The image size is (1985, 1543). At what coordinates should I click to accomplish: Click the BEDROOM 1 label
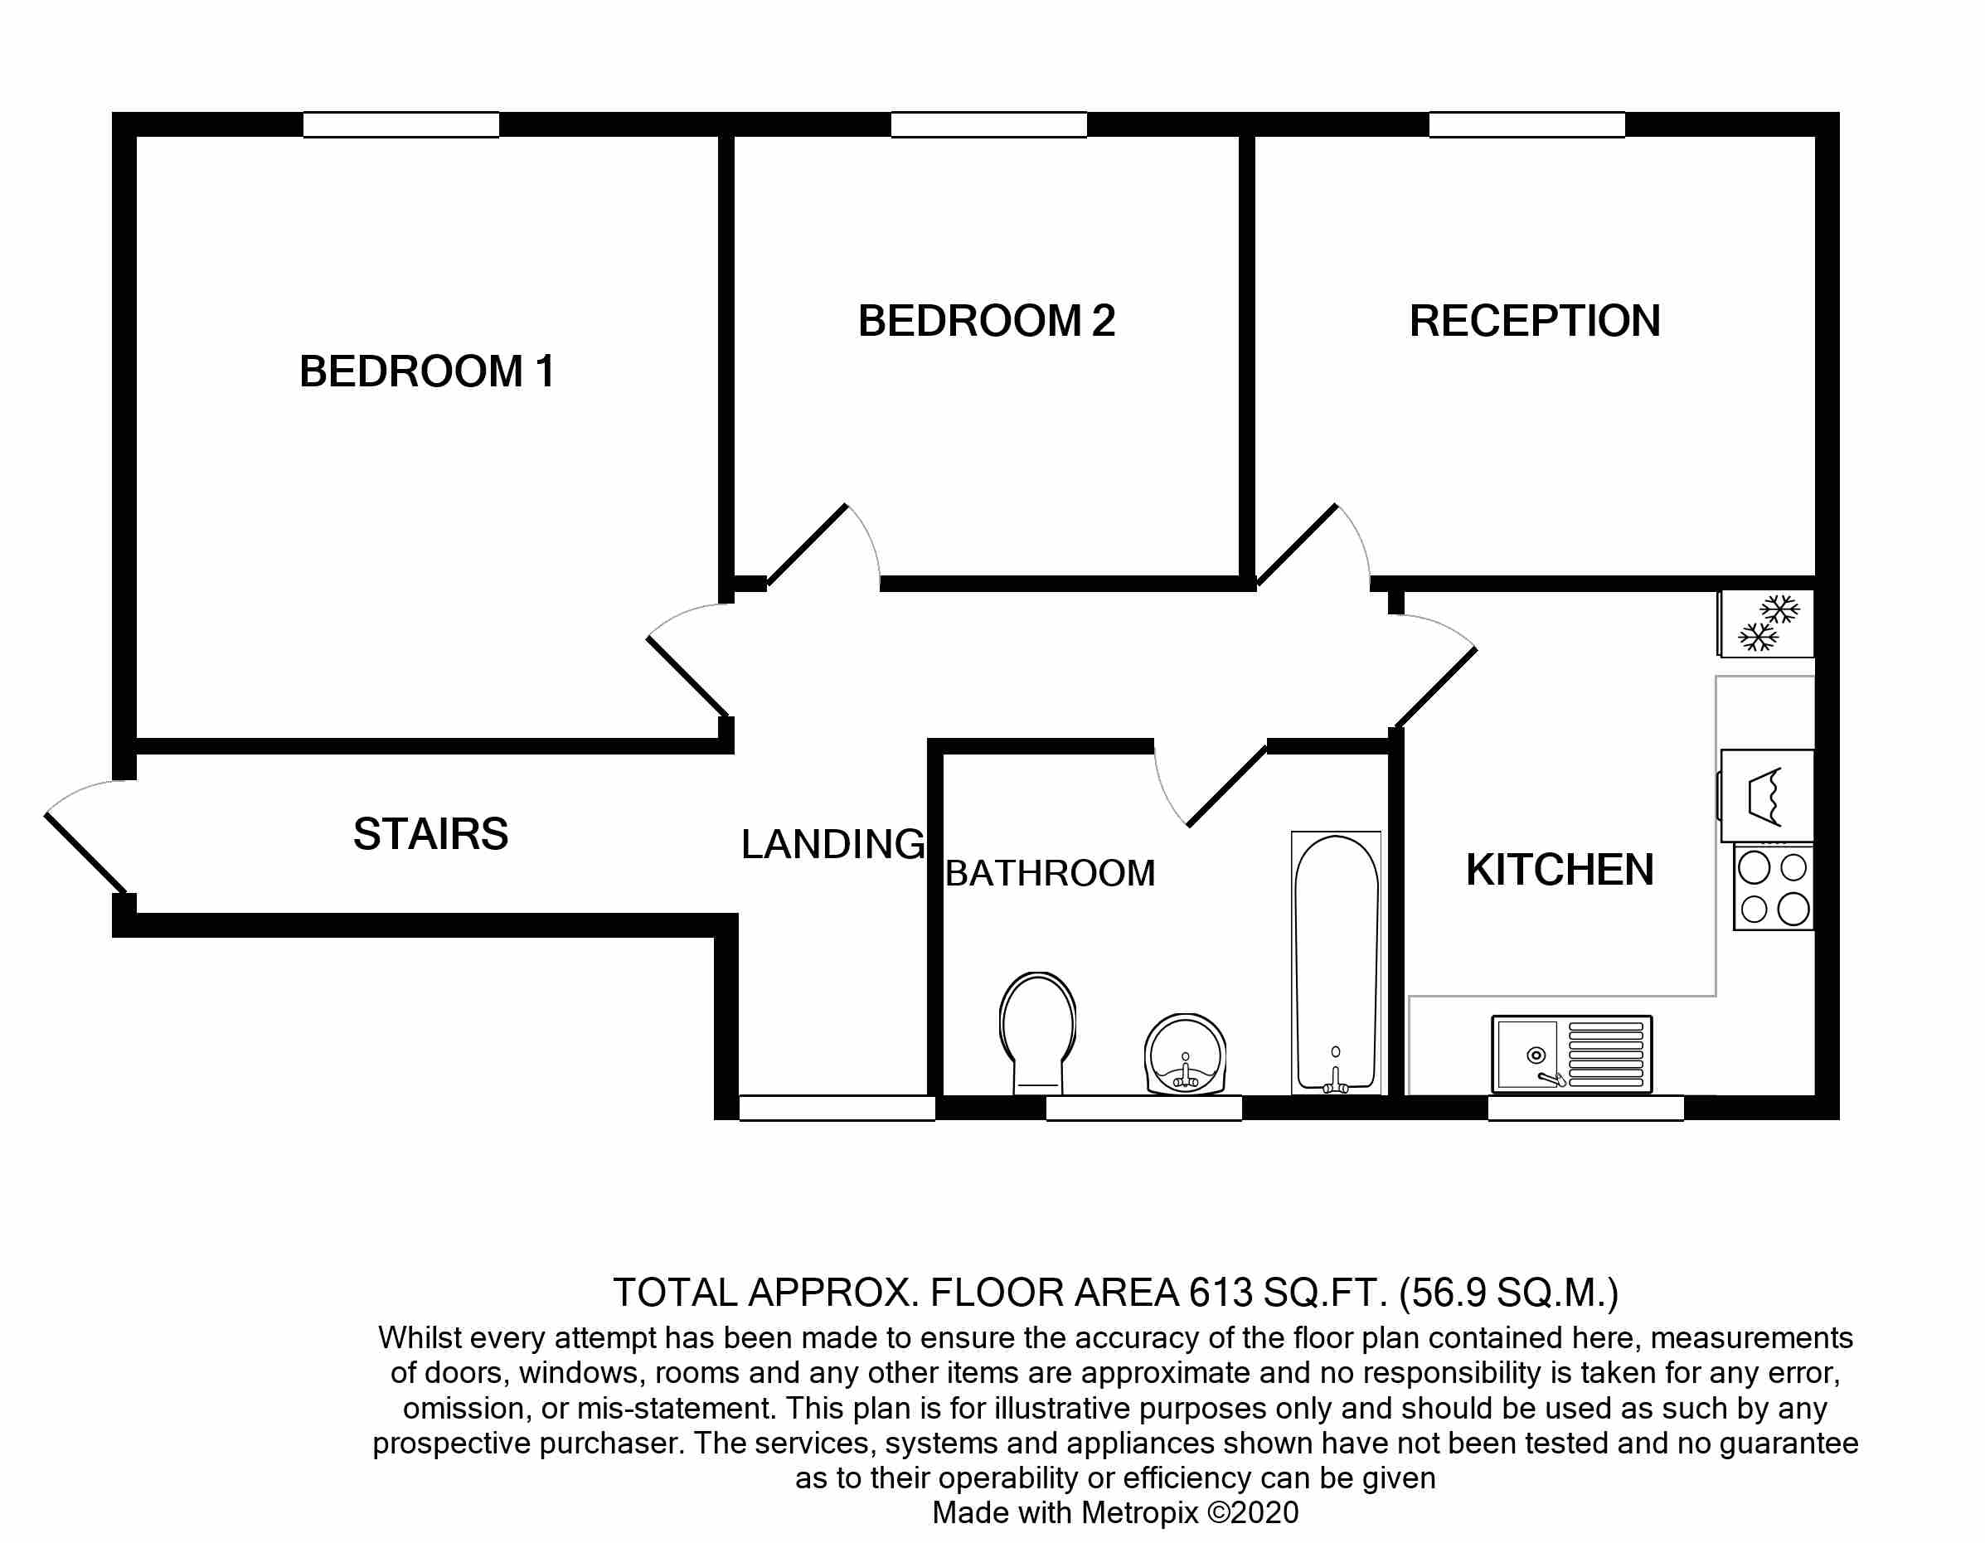pos(426,371)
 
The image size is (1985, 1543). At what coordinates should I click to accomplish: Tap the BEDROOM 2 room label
pos(986,321)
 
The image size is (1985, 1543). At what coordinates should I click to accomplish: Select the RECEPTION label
pos(1534,321)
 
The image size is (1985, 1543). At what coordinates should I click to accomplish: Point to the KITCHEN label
pos(1560,870)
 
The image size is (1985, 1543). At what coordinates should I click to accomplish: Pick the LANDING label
pos(832,844)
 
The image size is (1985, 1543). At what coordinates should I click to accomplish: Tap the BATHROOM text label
pos(1050,873)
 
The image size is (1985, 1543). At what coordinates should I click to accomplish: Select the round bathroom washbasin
pos(1185,1055)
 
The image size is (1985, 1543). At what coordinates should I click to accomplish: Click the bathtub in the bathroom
pos(1336,963)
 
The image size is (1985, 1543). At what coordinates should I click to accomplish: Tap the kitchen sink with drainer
pos(1571,1054)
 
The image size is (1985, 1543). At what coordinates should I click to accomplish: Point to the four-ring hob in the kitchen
pos(1774,888)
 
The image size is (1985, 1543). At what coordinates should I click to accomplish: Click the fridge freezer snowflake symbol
pos(1769,624)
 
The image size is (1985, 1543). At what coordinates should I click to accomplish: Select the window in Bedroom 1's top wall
pos(400,124)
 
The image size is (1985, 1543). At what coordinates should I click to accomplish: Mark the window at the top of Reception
pos(1527,124)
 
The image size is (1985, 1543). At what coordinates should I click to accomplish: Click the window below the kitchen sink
pos(1585,1108)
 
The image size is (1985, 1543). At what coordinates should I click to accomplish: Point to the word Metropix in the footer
pos(1140,1512)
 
